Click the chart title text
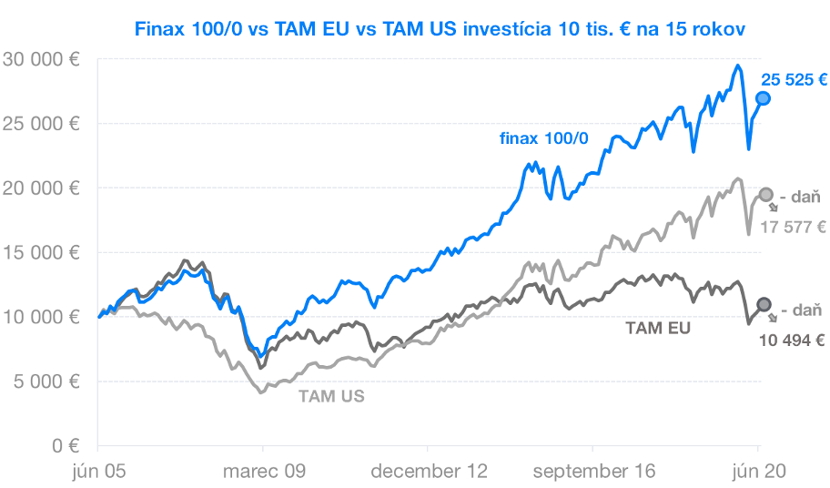pos(440,28)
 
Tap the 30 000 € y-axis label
pos(41,59)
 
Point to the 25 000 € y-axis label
pos(41,124)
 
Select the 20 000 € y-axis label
pos(41,188)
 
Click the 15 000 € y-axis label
pos(41,252)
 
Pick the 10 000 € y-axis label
pos(41,317)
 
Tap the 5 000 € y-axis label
pos(46,381)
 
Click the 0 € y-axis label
pos(66,445)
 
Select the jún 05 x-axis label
pos(99,471)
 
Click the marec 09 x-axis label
pos(264,471)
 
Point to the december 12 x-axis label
pos(429,471)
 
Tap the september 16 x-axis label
pos(594,471)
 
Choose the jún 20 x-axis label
pos(759,471)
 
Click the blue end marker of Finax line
pos(763,98)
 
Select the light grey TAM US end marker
pos(765,195)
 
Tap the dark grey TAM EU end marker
pos(764,304)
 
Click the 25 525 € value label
pos(794,80)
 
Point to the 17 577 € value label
pos(793,228)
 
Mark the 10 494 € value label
pos(792,341)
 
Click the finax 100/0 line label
pos(543,138)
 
